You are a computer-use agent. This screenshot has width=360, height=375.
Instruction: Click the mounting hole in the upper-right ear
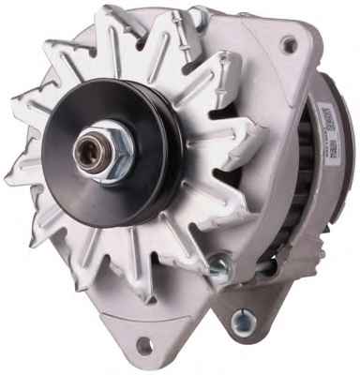289,44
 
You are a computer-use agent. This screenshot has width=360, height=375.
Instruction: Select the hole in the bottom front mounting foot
143,345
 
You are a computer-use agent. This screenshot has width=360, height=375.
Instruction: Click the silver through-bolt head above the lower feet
217,269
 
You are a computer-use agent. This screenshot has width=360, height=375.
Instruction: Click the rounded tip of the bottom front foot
131,354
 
